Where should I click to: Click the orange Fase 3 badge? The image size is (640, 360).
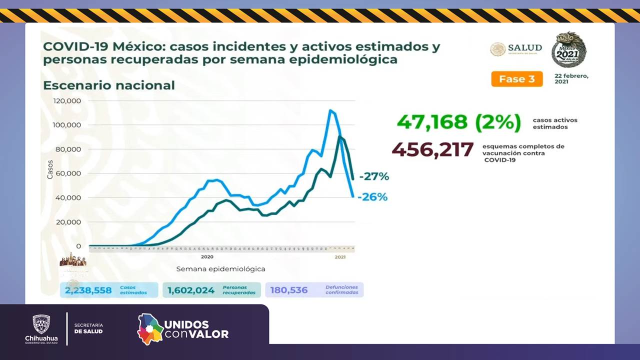[516, 79]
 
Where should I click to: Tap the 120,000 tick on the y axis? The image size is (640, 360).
[66, 100]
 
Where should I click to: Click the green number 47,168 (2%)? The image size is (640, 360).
[458, 122]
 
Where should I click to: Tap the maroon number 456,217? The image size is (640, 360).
[432, 149]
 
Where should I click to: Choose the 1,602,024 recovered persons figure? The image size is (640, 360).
[191, 290]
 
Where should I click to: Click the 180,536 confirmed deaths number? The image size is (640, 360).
[289, 290]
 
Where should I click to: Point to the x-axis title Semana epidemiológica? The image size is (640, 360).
[220, 269]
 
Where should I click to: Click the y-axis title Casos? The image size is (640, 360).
[50, 169]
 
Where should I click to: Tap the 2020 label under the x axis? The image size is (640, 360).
[207, 256]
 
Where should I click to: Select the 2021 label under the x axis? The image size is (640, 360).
[340, 257]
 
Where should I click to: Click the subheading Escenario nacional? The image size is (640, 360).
[109, 85]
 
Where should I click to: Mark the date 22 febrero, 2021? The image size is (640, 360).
[571, 78]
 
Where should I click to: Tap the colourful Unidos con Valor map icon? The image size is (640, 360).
[150, 328]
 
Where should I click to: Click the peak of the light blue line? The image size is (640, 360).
[330, 110]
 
